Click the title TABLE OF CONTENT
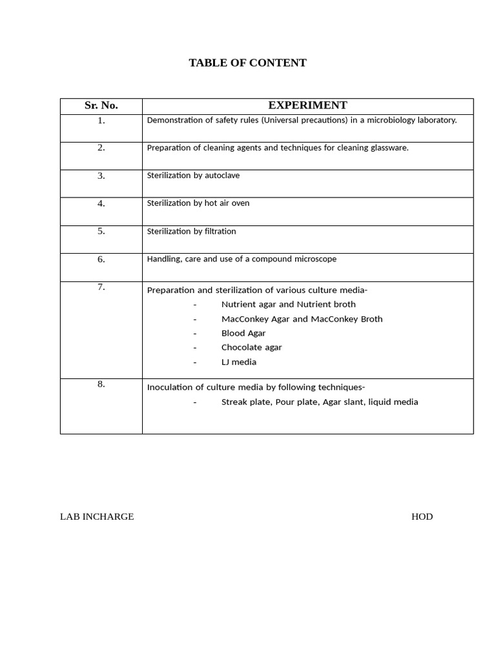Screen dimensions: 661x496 click(x=247, y=63)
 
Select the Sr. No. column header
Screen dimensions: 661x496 click(x=101, y=105)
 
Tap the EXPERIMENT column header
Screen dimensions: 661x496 click(x=307, y=105)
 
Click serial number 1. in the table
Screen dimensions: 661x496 click(x=101, y=120)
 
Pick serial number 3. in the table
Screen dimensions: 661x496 click(x=101, y=176)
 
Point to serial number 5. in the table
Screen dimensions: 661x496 click(x=101, y=231)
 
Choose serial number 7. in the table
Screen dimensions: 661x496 click(x=101, y=287)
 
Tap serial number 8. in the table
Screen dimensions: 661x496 click(x=101, y=384)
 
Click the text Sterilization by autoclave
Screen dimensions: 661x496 click(x=193, y=176)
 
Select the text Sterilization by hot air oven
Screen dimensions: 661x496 click(x=198, y=203)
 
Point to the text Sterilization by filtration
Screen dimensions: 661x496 click(x=191, y=231)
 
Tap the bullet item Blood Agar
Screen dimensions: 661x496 click(x=243, y=333)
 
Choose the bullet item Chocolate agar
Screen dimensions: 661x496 click(x=251, y=347)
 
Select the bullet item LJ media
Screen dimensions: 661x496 click(x=239, y=362)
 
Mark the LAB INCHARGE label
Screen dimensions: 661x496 click(x=97, y=516)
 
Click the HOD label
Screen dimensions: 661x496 click(x=422, y=516)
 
